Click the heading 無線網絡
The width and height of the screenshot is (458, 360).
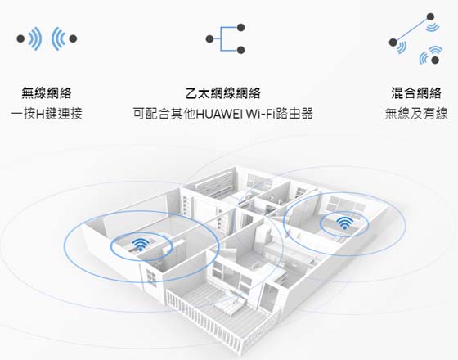click(47, 93)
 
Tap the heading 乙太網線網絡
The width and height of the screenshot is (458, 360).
click(222, 93)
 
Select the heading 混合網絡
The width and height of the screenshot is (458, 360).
click(416, 93)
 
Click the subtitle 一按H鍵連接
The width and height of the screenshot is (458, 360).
click(47, 114)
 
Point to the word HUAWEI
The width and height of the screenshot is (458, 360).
click(219, 114)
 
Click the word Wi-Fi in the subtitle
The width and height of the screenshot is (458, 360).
click(258, 114)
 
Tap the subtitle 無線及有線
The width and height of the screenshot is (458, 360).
click(416, 114)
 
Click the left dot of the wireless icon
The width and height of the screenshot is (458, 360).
click(20, 38)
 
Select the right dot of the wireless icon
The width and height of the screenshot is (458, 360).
click(73, 38)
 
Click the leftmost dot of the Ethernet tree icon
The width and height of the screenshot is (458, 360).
click(209, 39)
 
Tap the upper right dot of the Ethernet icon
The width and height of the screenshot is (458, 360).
click(240, 28)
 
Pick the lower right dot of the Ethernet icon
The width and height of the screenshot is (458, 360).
click(240, 50)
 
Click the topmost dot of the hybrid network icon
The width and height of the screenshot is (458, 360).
click(430, 16)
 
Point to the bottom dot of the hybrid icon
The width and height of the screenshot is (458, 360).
click(435, 61)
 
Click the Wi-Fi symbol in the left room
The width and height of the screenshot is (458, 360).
click(141, 245)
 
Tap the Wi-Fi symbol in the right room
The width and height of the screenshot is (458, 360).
click(344, 223)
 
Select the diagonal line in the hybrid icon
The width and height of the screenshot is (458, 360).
click(411, 29)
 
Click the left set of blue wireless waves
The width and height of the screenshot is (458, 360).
click(35, 38)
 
